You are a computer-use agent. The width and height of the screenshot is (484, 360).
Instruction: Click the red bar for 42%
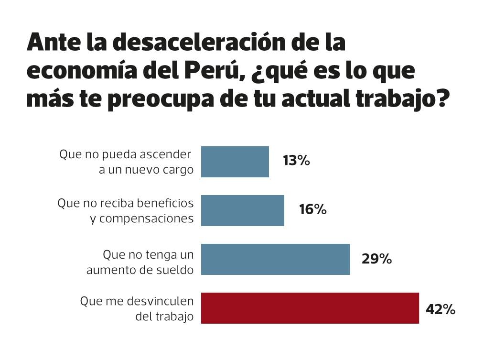[x=310, y=308]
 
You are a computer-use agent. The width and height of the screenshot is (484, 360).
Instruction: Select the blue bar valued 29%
[x=275, y=259]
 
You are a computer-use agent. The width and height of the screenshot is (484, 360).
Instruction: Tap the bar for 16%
[x=242, y=210]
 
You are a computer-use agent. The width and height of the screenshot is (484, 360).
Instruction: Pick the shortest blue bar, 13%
[x=235, y=162]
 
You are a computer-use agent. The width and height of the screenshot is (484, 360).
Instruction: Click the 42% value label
[x=440, y=309]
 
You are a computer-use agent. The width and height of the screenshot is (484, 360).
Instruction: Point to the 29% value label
[x=377, y=259]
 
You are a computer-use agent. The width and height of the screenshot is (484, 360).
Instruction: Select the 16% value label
[x=312, y=209]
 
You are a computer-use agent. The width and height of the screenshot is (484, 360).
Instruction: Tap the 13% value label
[x=296, y=161]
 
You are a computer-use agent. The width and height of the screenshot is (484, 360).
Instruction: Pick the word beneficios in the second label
[x=164, y=203]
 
